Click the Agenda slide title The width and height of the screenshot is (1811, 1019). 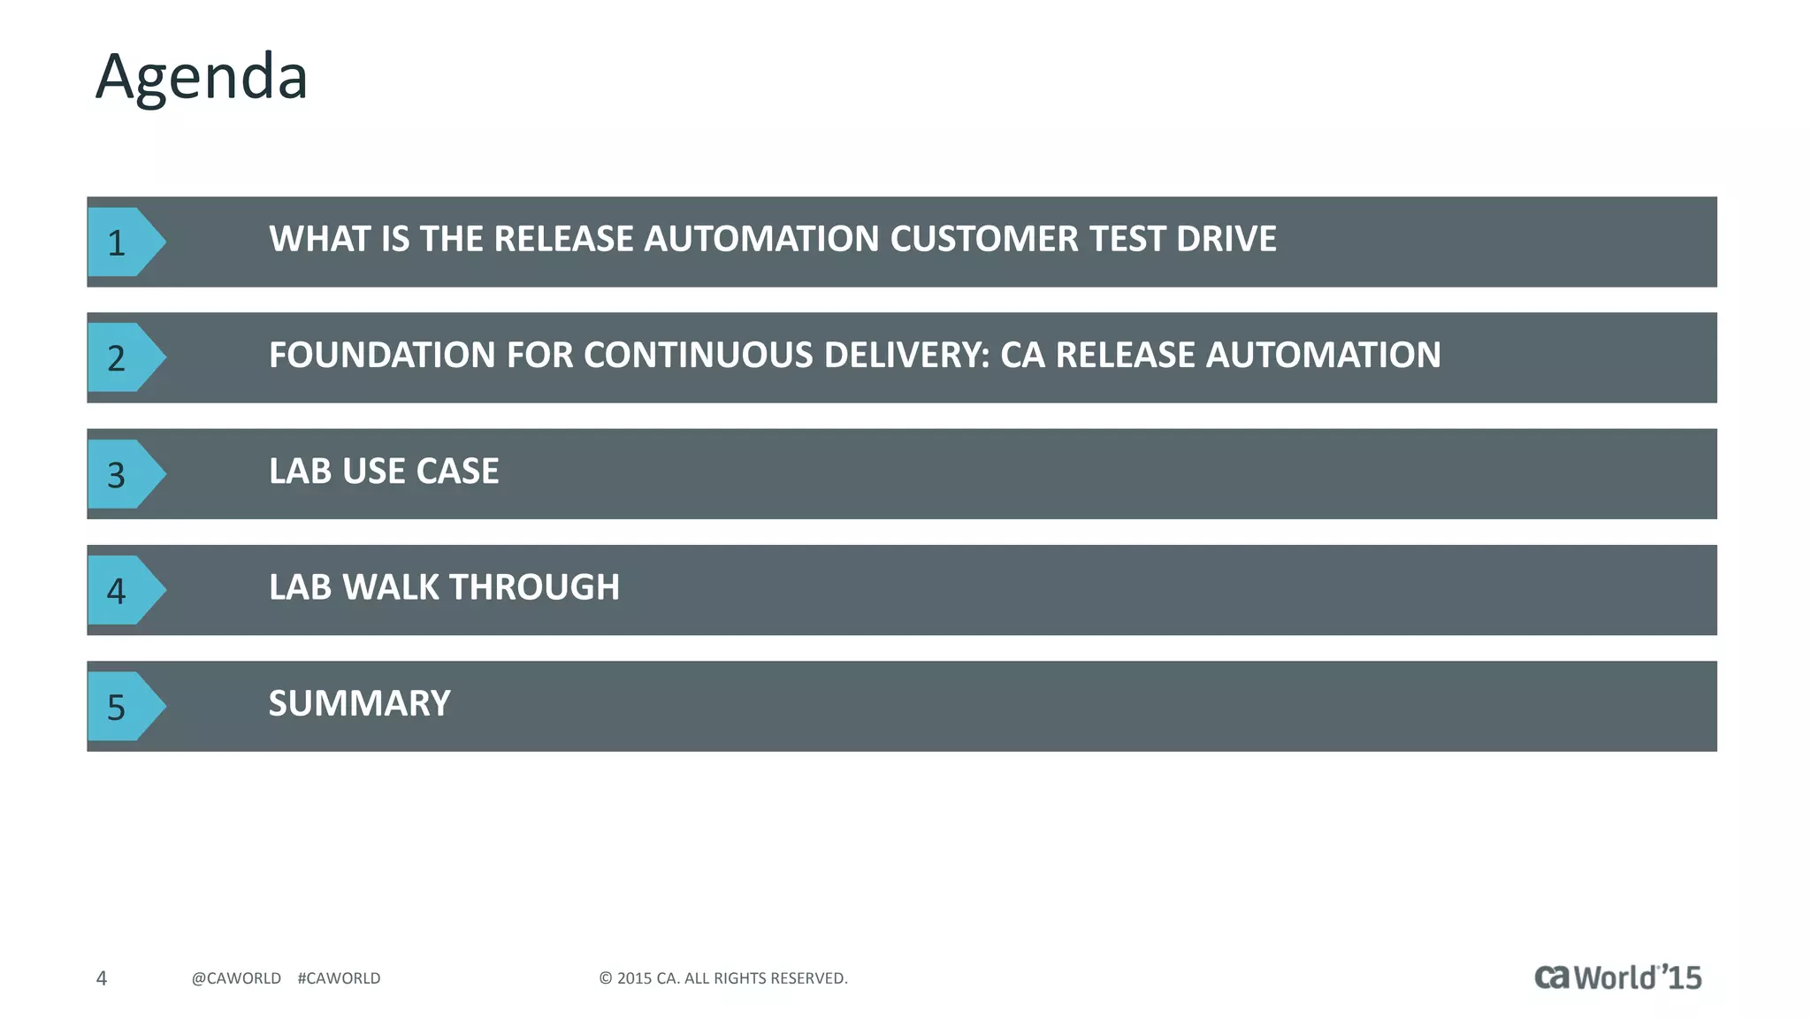[202, 78]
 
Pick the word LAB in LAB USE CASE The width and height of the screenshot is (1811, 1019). [300, 471]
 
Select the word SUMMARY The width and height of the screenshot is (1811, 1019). [359, 703]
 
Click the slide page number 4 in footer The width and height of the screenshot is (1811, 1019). [101, 977]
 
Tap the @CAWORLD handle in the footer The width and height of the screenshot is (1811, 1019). [236, 977]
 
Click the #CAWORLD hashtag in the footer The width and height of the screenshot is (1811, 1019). [339, 977]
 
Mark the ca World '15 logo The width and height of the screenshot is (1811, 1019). [1617, 977]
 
